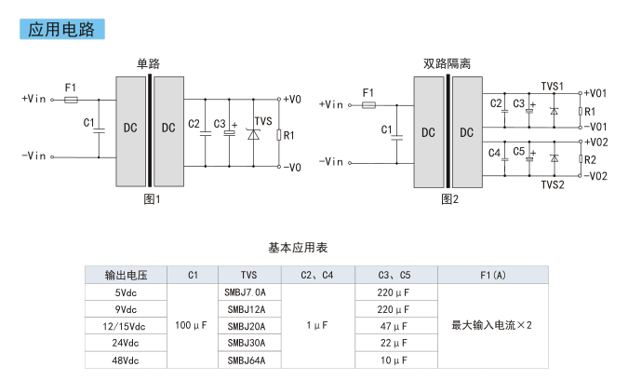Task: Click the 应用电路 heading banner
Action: tap(62, 29)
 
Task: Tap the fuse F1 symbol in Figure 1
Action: tap(72, 100)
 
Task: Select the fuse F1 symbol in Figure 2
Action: tap(368, 105)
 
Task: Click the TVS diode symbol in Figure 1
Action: tap(253, 134)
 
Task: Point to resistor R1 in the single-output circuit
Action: tap(279, 135)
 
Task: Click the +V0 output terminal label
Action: tap(292, 100)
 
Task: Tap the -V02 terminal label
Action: tap(595, 176)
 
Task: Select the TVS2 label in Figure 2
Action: tap(553, 184)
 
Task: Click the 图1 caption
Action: tap(153, 198)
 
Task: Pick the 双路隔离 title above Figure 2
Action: tap(447, 63)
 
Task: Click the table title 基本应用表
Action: tap(298, 248)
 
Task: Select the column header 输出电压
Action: tap(127, 275)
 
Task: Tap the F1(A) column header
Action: tap(493, 275)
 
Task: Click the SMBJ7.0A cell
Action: tap(245, 292)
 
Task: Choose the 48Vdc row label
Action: tap(126, 360)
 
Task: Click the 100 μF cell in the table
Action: tap(191, 325)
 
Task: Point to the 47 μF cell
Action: tap(394, 326)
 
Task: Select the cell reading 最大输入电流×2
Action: tap(492, 325)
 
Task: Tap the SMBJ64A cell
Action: tap(247, 360)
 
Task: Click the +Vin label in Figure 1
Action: tap(33, 99)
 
